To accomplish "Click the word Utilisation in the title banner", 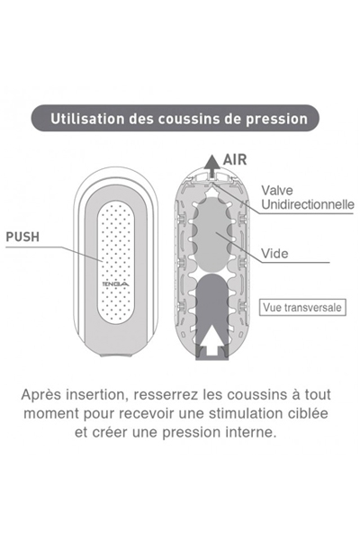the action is click(x=87, y=119).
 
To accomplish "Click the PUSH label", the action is click(x=22, y=237).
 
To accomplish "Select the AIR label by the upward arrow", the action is click(x=235, y=160).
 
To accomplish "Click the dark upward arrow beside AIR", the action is click(x=212, y=166).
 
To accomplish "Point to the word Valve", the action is click(x=277, y=191).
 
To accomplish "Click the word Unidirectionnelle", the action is click(x=308, y=204).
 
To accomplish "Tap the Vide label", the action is click(x=274, y=254).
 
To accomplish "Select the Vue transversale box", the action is click(x=302, y=307).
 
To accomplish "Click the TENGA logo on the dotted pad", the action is click(x=116, y=284).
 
